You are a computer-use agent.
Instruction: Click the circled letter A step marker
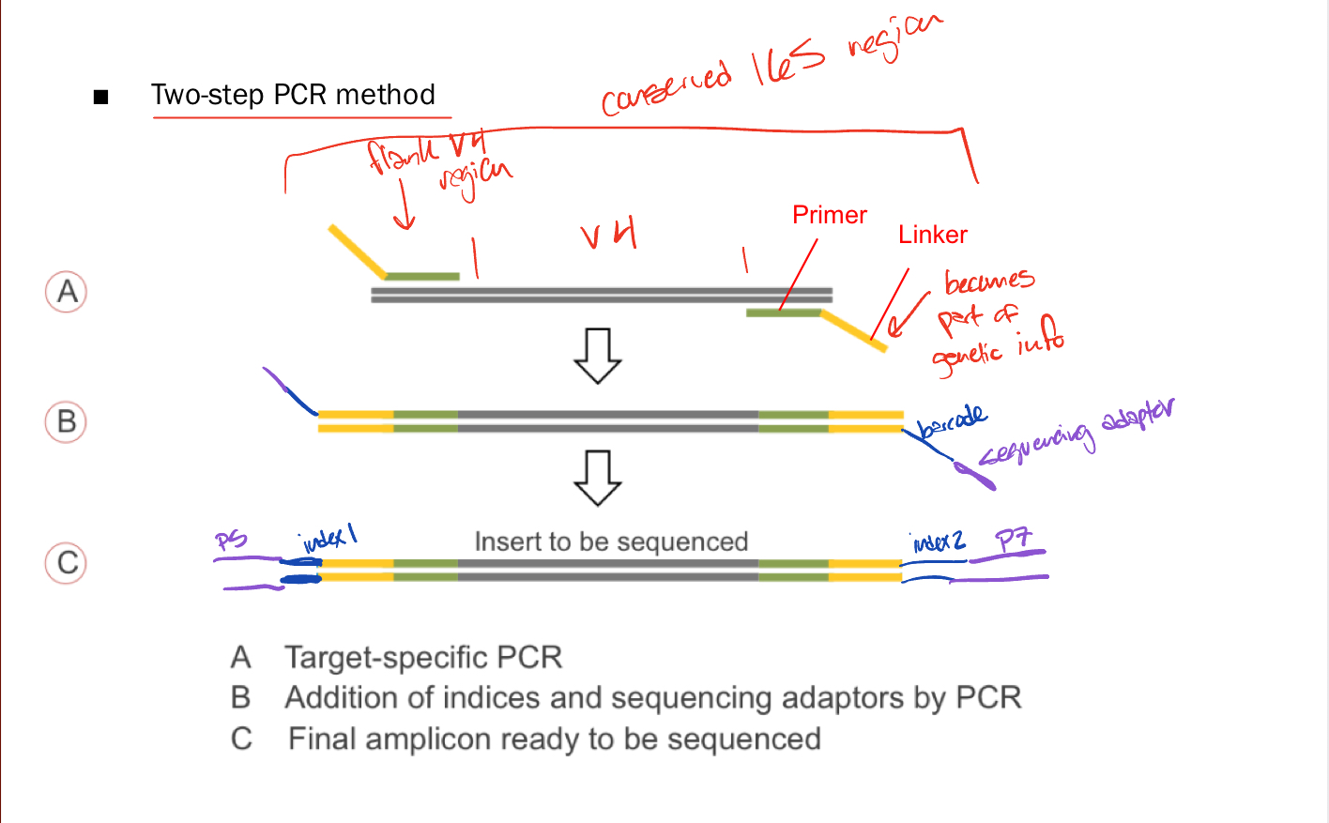click(67, 292)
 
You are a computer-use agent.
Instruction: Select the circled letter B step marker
click(66, 421)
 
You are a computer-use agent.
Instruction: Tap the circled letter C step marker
click(67, 563)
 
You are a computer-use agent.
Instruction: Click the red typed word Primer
click(830, 215)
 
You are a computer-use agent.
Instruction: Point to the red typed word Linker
click(932, 235)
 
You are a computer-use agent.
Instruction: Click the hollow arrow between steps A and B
click(598, 356)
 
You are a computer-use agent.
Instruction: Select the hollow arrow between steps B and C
click(598, 479)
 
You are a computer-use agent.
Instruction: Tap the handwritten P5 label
click(231, 540)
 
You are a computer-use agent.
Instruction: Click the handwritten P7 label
click(1014, 540)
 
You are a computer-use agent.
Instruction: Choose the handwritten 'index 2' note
click(939, 542)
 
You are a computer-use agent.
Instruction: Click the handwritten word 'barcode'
click(953, 421)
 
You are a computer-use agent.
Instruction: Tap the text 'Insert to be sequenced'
click(611, 541)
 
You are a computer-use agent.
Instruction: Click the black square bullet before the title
click(101, 97)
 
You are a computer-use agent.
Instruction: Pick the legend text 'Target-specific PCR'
click(423, 657)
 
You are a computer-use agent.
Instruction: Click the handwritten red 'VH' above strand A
click(609, 233)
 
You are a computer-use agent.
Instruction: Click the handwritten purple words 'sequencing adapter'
click(1076, 433)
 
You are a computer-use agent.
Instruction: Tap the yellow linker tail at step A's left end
click(357, 251)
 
